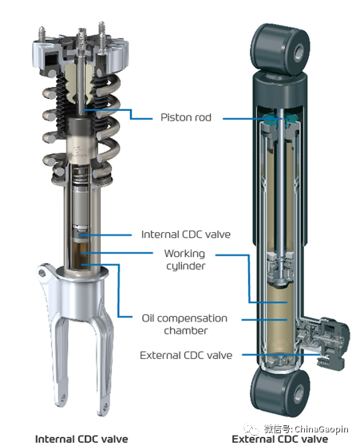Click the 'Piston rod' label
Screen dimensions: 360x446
tap(186, 117)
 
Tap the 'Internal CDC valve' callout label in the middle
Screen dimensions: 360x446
tap(186, 235)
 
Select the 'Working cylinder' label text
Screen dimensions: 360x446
tap(184, 259)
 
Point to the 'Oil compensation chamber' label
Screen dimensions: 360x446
tap(184, 324)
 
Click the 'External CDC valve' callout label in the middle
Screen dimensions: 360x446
tap(186, 355)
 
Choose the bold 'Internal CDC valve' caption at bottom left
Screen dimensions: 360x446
tap(81, 439)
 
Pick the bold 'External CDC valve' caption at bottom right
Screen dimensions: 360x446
tap(280, 439)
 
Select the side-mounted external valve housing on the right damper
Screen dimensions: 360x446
tap(323, 341)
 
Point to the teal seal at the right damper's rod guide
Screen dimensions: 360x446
tap(280, 119)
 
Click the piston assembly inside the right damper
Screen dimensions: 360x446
tap(281, 268)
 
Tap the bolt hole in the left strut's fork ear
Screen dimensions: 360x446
tap(42, 273)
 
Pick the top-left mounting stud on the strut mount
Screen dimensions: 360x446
tap(42, 34)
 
